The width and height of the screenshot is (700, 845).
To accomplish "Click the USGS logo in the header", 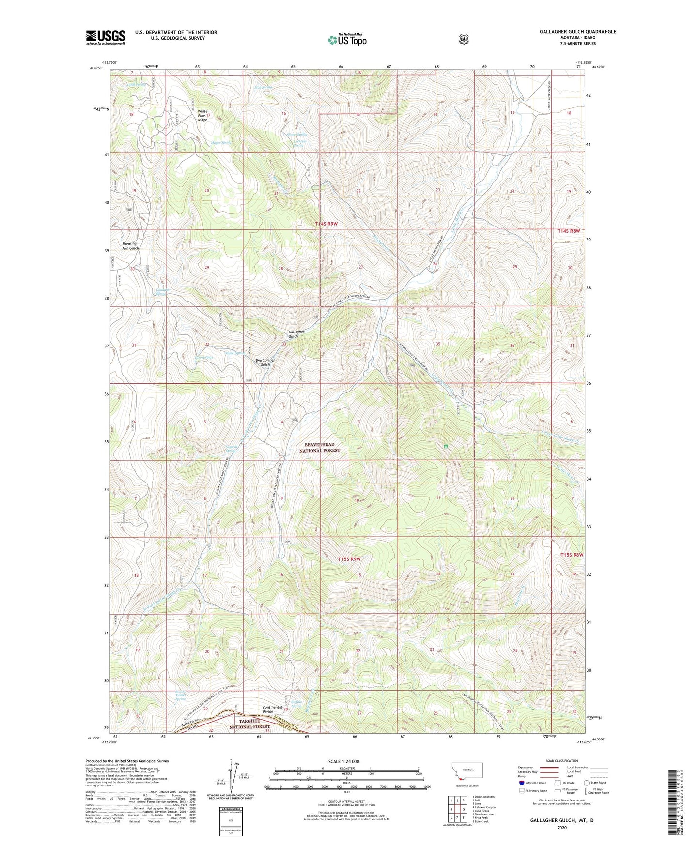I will click(x=106, y=37).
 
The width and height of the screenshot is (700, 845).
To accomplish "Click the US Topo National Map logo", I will click(x=346, y=40).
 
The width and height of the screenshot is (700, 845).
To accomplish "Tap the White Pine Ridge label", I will click(x=202, y=115).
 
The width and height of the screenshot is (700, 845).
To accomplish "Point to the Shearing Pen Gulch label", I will click(x=130, y=246).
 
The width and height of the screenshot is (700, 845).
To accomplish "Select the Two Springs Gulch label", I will click(x=265, y=362).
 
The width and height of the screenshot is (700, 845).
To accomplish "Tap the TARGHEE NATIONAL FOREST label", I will click(x=247, y=724).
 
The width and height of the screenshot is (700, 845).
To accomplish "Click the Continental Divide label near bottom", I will click(x=272, y=709).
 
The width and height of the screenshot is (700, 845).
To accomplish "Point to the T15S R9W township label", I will click(x=349, y=559).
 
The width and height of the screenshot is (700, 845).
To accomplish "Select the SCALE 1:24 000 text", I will click(x=343, y=761).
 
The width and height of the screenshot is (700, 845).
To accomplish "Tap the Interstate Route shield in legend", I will click(x=521, y=783).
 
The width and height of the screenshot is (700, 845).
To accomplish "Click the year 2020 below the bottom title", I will click(x=561, y=828).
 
